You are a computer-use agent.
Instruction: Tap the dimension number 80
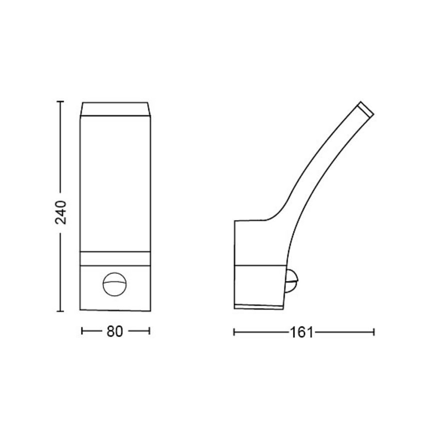pos(115,332)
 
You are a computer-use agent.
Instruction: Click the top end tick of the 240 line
pos(61,102)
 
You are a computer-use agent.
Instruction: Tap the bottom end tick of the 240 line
pos(61,311)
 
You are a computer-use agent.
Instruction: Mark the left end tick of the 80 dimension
pos(82,331)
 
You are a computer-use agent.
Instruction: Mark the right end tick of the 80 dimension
pos(149,331)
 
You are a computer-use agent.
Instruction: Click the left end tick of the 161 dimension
pos(234,331)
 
